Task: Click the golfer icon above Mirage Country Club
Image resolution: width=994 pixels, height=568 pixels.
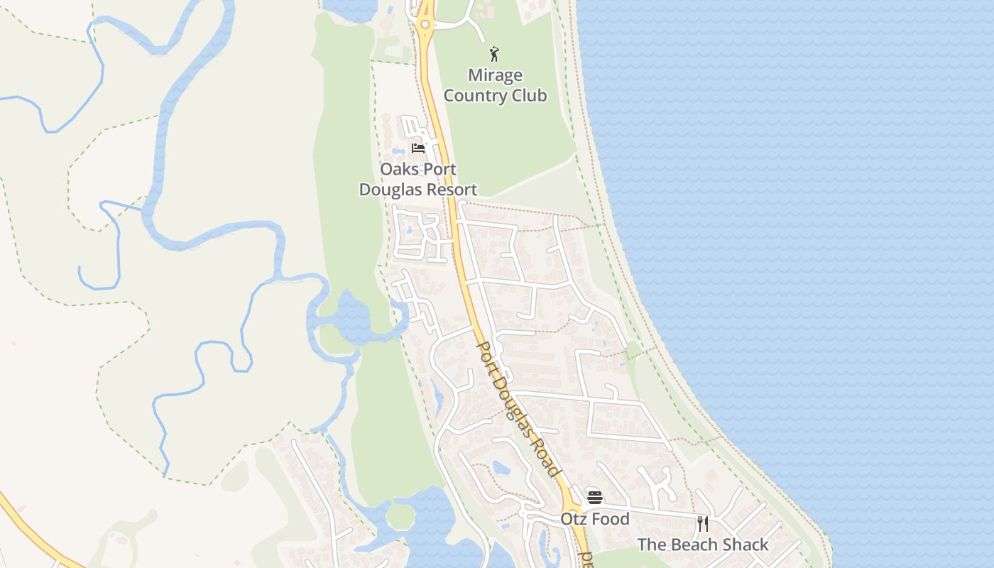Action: (494, 54)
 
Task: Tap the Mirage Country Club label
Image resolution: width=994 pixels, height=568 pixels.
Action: (496, 85)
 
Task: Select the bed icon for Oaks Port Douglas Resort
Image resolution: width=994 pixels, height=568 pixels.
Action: (418, 148)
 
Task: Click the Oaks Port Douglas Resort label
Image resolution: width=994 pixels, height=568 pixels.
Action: (418, 180)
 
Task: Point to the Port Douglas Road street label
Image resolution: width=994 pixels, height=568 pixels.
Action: (517, 409)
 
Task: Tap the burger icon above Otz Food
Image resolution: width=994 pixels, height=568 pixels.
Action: (595, 498)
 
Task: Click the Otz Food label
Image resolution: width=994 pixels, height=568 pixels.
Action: (595, 519)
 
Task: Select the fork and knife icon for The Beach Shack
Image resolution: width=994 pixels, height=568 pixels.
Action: (703, 524)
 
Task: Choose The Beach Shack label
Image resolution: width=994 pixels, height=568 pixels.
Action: (703, 545)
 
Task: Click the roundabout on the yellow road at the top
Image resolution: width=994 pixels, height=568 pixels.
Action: (425, 25)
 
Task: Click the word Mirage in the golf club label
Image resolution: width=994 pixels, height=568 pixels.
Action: (496, 75)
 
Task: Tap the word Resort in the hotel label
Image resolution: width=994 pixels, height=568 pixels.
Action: (449, 190)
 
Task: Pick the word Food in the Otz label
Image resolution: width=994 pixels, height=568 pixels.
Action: (611, 519)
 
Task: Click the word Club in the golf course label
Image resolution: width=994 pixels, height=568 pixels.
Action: (531, 95)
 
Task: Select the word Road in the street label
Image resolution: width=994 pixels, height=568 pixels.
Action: (544, 456)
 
